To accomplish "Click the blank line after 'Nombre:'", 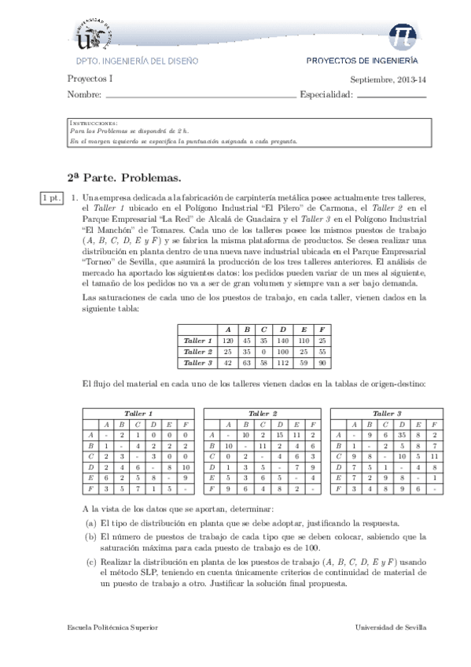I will point(200,95).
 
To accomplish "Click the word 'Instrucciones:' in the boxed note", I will point(94,123).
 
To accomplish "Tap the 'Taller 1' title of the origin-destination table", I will point(138,413).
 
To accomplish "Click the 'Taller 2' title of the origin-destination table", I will point(263,413).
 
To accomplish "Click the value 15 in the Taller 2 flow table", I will point(280,434).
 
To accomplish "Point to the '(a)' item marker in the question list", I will point(90,523).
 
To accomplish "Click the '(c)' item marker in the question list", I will point(90,562).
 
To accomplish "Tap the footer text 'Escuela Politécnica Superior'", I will point(113,628).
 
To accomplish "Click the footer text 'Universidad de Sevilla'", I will point(392,628).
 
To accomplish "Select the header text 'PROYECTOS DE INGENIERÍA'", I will point(362,60).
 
